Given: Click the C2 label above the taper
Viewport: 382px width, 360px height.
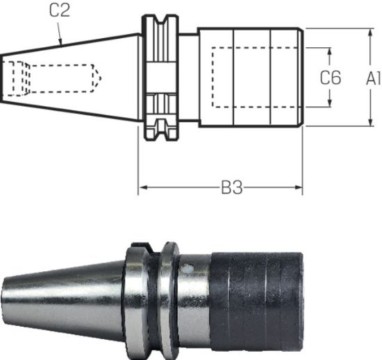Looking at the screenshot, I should point(60,11).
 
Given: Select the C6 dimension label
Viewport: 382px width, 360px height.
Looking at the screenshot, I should point(330,78).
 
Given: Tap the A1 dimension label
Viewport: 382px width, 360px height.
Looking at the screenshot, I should point(372,78).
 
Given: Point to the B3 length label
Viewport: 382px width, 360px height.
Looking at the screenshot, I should point(231,188).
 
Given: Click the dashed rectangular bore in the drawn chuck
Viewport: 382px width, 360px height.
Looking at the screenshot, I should point(257,77).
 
